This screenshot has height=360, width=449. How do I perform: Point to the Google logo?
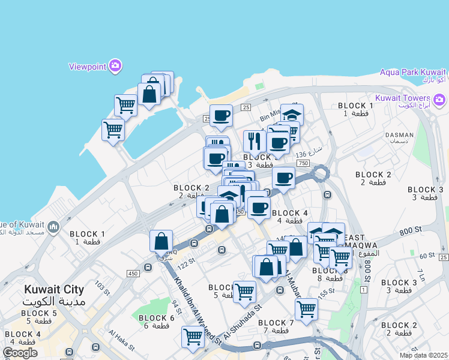(x=19, y=353)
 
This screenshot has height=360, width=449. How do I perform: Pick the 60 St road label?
(x=427, y=255)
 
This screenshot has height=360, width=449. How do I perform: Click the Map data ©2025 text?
(x=424, y=355)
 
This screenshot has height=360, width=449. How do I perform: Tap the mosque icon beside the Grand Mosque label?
(x=53, y=227)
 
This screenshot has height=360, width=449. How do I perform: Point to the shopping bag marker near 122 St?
(x=161, y=241)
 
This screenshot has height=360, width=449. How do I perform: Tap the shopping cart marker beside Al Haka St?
(x=193, y=337)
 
